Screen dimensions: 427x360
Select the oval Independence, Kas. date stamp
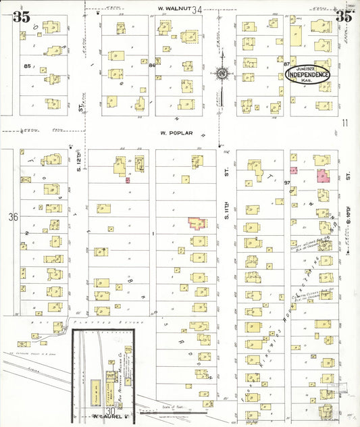[308, 75]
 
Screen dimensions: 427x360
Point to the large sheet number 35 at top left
[21, 17]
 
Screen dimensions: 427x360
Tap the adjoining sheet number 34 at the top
[197, 9]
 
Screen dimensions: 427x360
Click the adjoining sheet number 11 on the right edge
[344, 122]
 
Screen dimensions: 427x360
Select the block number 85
[28, 66]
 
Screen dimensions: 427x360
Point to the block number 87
[286, 64]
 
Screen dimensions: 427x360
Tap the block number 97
[286, 184]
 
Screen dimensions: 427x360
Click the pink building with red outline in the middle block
[197, 223]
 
